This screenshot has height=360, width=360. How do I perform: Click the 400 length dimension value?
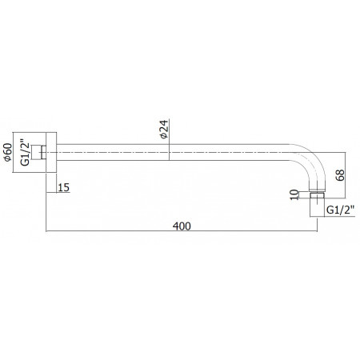(182, 226)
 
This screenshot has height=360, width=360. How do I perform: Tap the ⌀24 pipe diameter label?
(164, 130)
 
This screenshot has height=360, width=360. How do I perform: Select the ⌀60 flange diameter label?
(8, 152)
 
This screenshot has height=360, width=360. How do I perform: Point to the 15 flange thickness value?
(64, 187)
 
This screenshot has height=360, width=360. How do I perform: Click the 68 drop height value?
(340, 175)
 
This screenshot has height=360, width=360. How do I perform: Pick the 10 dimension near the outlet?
(294, 194)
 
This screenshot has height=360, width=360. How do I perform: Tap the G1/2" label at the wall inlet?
(25, 152)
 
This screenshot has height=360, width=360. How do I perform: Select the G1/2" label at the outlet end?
(341, 210)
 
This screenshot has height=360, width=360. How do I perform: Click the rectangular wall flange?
(51, 152)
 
